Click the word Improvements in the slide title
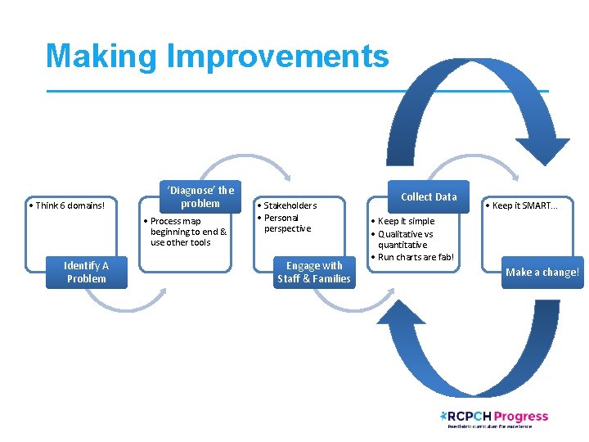pyautogui.click(x=277, y=56)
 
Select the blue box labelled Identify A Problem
pyautogui.click(x=86, y=272)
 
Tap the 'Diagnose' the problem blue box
pyautogui.click(x=200, y=196)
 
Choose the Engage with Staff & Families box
pyautogui.click(x=314, y=272)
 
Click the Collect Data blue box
pyautogui.click(x=429, y=196)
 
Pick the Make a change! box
pyautogui.click(x=542, y=272)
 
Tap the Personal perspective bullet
pyautogui.click(x=287, y=223)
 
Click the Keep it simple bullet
pyautogui.click(x=405, y=221)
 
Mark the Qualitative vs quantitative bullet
pyautogui.click(x=405, y=239)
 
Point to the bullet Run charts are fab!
pyautogui.click(x=415, y=257)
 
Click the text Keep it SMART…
pyautogui.click(x=524, y=205)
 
